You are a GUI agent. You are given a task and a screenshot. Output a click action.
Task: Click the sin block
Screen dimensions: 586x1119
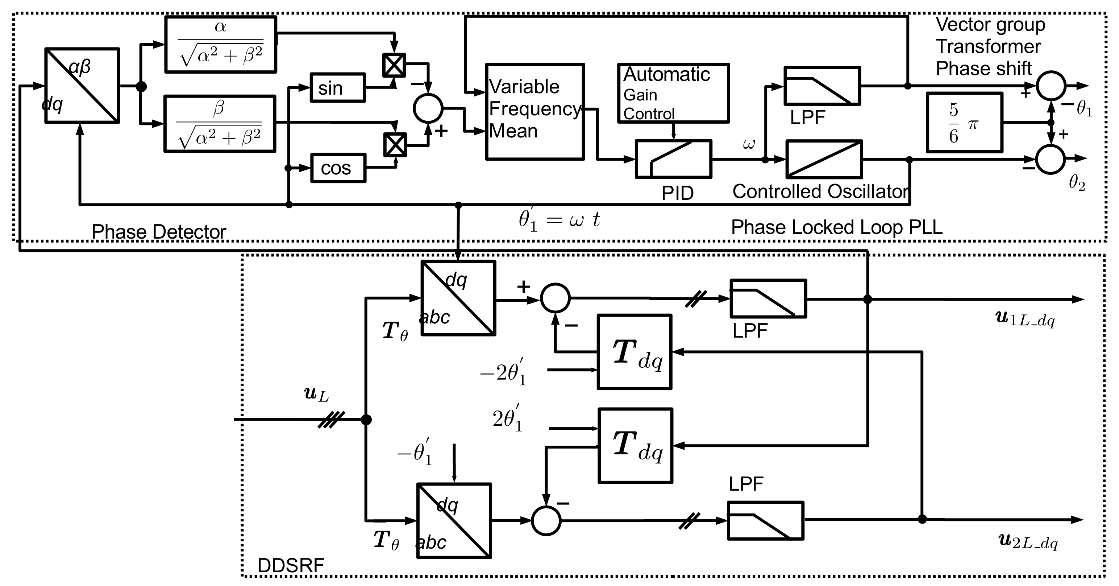coord(337,87)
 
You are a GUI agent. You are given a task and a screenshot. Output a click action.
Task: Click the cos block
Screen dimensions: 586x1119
coord(338,168)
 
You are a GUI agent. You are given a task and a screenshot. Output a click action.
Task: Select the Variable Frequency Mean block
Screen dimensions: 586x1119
coord(534,112)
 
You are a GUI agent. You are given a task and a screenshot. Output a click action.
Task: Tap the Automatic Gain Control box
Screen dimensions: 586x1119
coord(673,94)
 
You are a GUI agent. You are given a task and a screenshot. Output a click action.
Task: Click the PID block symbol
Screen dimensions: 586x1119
coord(673,159)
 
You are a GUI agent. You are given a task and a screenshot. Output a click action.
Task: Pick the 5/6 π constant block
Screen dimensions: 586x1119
coord(964,123)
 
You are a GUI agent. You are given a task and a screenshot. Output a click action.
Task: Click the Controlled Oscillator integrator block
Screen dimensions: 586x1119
coord(824,159)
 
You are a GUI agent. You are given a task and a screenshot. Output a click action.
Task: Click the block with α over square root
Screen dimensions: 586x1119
coord(221,44)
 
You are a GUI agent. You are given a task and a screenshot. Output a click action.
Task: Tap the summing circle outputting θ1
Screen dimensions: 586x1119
coord(1051,86)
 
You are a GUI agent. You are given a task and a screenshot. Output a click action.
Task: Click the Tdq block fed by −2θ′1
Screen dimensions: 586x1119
coord(635,352)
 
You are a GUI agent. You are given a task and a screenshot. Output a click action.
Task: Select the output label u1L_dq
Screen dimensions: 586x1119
coord(1024,319)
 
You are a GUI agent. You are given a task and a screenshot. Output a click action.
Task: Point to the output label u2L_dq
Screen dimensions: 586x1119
coord(1028,542)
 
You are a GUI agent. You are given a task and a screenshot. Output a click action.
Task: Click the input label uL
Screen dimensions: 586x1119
coord(316,394)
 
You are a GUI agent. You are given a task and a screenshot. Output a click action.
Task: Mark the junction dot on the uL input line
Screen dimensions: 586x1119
coord(366,420)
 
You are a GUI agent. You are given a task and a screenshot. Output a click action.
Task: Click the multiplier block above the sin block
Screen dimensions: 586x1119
coord(394,65)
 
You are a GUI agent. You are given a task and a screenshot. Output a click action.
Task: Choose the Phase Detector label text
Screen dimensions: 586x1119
coord(159,232)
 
